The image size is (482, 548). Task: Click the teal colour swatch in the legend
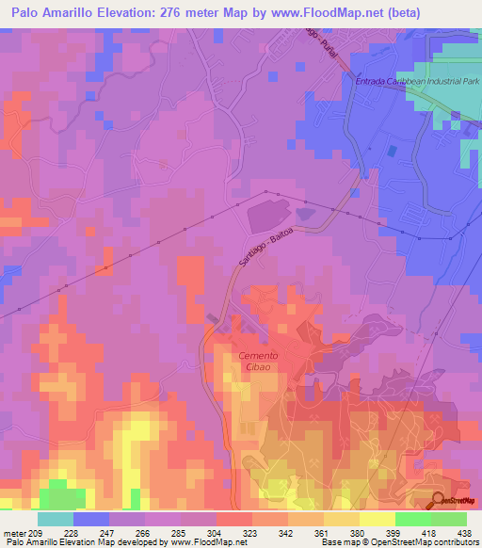point(55,519)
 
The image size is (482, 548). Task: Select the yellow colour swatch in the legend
point(377,519)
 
